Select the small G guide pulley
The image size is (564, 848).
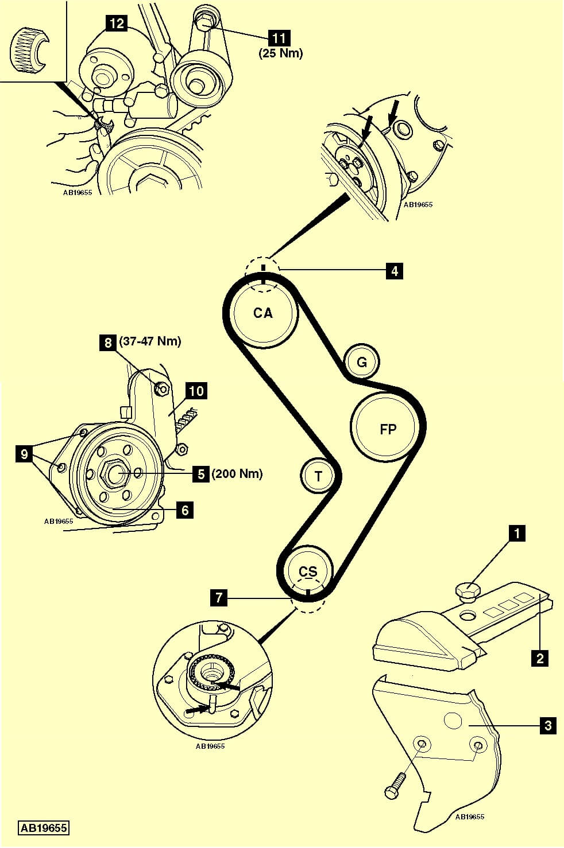point(361,362)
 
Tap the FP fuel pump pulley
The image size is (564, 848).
point(388,429)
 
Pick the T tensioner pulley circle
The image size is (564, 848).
point(318,475)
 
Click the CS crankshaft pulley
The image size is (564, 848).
point(308,572)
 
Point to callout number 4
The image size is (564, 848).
point(394,270)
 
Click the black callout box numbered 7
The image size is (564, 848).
point(218,597)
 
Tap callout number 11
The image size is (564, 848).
point(280,38)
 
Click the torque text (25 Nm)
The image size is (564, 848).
point(280,53)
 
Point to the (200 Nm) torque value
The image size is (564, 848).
point(237,474)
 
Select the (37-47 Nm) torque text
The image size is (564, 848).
point(149,342)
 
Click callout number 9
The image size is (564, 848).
point(24,454)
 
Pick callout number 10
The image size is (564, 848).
point(196,391)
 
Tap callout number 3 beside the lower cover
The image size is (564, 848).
point(548,726)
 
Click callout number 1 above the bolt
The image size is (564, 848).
point(517,534)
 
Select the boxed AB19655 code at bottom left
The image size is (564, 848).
point(44,828)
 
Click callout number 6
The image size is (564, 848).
point(184,509)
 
